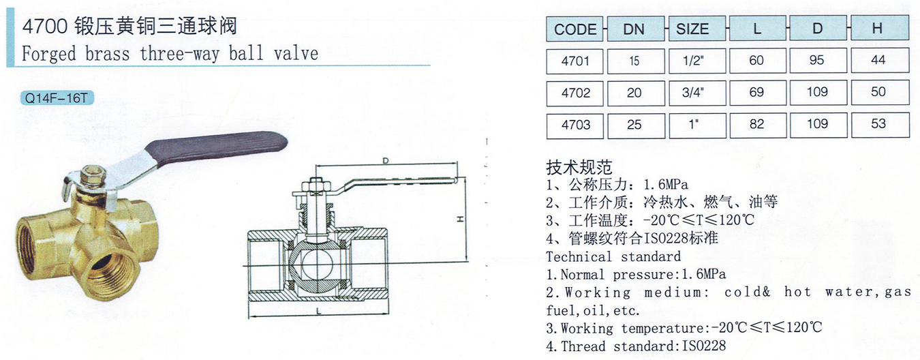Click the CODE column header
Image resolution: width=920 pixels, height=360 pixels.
coord(574,29)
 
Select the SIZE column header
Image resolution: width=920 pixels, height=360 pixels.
coord(697,29)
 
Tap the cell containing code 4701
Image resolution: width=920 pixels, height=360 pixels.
coord(574,61)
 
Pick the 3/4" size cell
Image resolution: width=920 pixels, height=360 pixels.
coord(697,93)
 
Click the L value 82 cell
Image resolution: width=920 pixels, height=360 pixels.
coord(758,125)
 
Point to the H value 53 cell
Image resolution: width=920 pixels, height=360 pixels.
coord(880,125)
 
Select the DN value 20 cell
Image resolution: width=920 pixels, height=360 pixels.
coord(636,93)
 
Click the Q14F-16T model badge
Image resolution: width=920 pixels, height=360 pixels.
coord(57,98)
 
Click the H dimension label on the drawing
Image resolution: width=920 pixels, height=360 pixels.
coord(460,219)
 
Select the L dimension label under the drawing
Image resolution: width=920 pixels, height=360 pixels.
coord(318,312)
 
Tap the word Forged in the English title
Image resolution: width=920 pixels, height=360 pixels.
coord(49,55)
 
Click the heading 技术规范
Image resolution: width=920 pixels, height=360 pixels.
coord(579,167)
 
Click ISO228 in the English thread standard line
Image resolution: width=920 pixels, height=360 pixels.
coord(703,346)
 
